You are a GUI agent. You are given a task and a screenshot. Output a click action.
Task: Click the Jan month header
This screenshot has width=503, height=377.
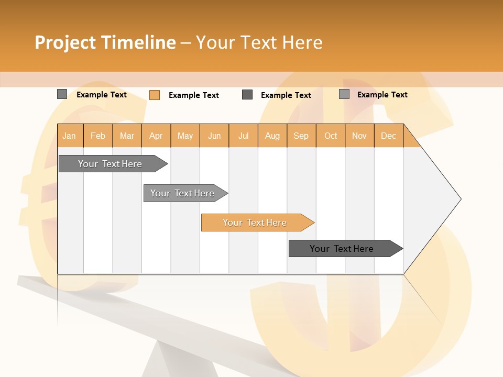69,136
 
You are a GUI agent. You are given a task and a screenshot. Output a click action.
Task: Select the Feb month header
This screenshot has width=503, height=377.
98,136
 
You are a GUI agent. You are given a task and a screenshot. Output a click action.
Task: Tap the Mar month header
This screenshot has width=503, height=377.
127,136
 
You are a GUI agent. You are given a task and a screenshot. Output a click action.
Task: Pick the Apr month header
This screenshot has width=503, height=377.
156,136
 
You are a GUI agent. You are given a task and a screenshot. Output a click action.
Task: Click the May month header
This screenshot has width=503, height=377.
185,136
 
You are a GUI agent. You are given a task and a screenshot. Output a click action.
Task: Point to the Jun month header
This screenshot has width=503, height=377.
214,136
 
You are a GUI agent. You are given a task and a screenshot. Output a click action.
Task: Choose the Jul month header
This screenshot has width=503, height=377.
243,136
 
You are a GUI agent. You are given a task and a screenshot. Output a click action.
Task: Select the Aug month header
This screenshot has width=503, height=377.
272,136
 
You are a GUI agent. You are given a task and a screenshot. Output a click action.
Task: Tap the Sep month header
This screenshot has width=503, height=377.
301,136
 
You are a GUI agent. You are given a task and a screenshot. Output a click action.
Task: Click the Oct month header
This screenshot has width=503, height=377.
331,136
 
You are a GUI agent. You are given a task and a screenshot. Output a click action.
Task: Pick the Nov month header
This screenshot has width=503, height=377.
359,136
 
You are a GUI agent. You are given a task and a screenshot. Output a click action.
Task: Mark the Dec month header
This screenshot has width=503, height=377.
388,136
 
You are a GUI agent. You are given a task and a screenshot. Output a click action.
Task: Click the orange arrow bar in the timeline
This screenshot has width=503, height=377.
255,223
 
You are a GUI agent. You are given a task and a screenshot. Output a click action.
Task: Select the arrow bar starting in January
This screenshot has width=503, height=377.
111,164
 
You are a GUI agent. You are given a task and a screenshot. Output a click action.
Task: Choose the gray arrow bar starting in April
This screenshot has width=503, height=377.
183,193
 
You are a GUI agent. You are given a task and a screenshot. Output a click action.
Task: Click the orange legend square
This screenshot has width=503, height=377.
155,95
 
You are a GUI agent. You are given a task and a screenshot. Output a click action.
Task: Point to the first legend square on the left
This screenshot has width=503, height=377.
62,94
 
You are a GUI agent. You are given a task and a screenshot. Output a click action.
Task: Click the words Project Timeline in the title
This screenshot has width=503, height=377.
105,42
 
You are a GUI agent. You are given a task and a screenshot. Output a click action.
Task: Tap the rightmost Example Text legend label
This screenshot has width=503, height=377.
382,95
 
